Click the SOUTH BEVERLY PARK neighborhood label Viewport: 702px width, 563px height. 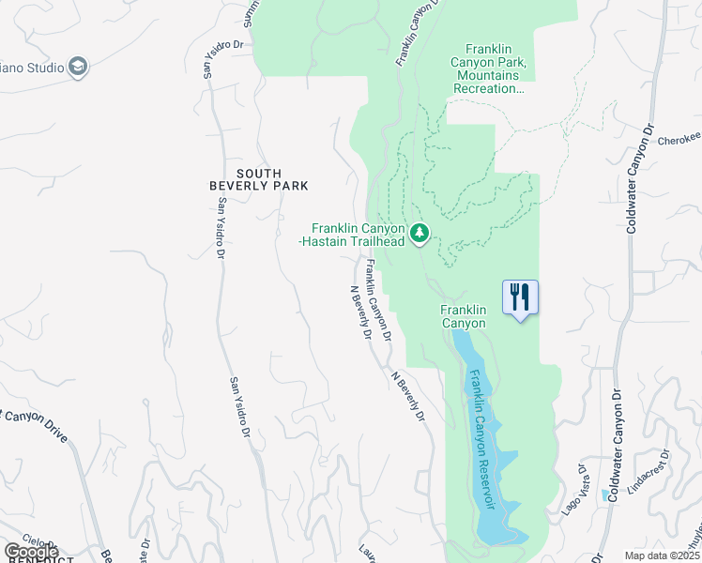click(272, 179)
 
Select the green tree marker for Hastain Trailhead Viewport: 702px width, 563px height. click(420, 232)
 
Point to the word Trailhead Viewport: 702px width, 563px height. click(380, 241)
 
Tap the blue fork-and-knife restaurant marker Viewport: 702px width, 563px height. click(520, 298)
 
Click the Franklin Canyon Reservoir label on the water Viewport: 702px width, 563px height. click(482, 436)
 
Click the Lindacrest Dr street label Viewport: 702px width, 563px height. click(647, 474)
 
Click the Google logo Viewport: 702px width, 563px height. click(31, 552)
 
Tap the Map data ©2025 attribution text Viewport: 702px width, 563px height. click(663, 555)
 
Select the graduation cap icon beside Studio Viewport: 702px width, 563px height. click(78, 68)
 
